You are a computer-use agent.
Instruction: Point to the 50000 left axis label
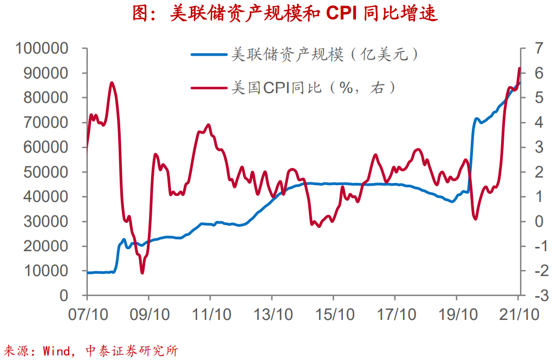pyautogui.click(x=46, y=172)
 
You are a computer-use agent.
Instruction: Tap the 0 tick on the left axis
pyautogui.click(x=64, y=296)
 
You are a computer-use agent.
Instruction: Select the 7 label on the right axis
pyautogui.click(x=538, y=49)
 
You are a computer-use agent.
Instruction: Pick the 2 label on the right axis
pyautogui.click(x=538, y=172)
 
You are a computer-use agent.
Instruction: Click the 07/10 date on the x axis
pyautogui.click(x=87, y=315)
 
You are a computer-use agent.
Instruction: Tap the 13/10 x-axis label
pyautogui.click(x=271, y=315)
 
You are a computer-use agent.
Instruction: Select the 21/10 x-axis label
pyautogui.click(x=518, y=315)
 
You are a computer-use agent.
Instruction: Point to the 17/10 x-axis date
pyautogui.click(x=395, y=315)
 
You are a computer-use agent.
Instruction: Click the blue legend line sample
pyautogui.click(x=209, y=54)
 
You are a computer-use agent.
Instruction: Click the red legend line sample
pyautogui.click(x=209, y=87)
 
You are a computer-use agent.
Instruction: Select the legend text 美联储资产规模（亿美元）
pyautogui.click(x=325, y=54)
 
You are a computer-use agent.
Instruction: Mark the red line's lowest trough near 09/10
pyautogui.click(x=142, y=273)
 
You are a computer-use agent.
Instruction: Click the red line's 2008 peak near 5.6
pyautogui.click(x=112, y=83)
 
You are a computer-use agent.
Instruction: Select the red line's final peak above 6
pyautogui.click(x=520, y=68)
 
